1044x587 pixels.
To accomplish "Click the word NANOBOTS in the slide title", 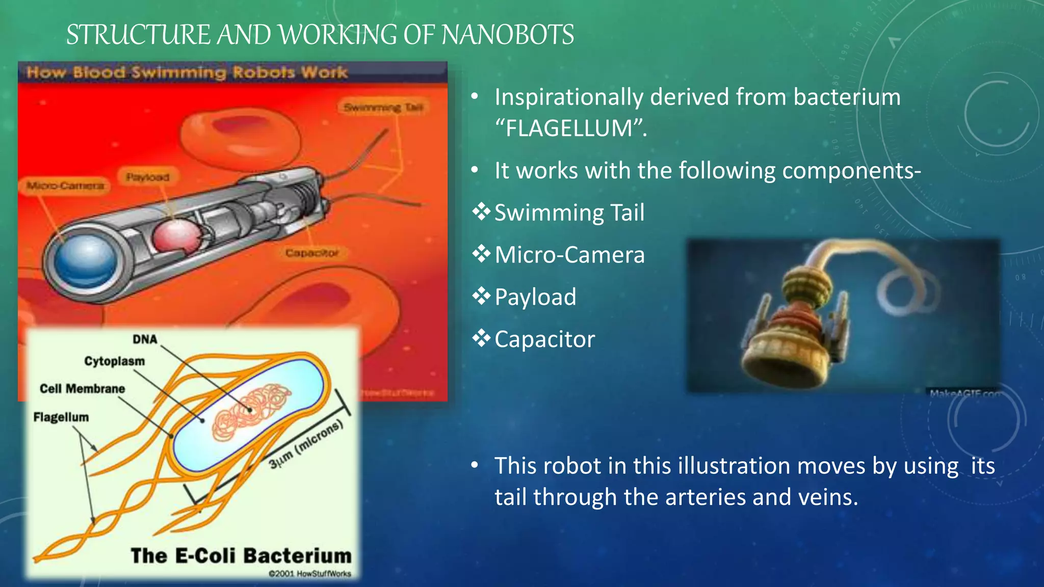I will point(507,35).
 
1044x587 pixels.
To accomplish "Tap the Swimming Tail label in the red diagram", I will point(383,108).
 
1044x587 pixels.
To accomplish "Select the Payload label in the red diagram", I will point(147,177).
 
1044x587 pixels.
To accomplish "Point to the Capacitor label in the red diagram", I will point(311,253).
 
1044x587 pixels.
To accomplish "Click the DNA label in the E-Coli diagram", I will point(145,339).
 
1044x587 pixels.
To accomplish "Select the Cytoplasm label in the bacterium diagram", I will point(114,361).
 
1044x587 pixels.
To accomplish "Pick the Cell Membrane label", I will point(82,389).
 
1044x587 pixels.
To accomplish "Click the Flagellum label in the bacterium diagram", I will point(61,417).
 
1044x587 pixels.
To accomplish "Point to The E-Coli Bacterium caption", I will point(241,555).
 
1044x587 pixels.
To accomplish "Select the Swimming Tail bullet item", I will point(569,212).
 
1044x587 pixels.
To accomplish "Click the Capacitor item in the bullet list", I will point(544,339).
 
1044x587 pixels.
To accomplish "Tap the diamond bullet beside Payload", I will point(481,296).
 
